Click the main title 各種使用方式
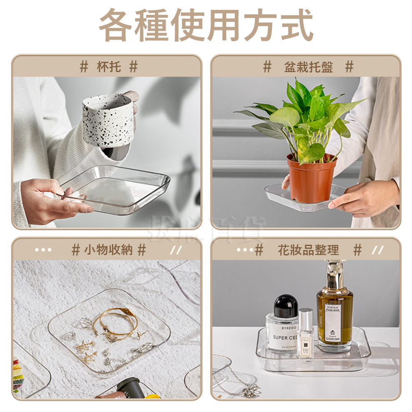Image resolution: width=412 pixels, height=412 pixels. (206, 26)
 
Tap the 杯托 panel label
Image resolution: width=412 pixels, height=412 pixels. (109, 66)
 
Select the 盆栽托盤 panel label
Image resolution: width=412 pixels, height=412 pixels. (308, 67)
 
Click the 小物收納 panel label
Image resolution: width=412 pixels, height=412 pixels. (108, 249)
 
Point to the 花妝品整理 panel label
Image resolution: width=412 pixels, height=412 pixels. (308, 250)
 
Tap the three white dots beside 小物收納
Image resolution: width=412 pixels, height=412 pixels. (43, 250)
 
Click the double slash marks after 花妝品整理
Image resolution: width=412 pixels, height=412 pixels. (377, 250)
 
